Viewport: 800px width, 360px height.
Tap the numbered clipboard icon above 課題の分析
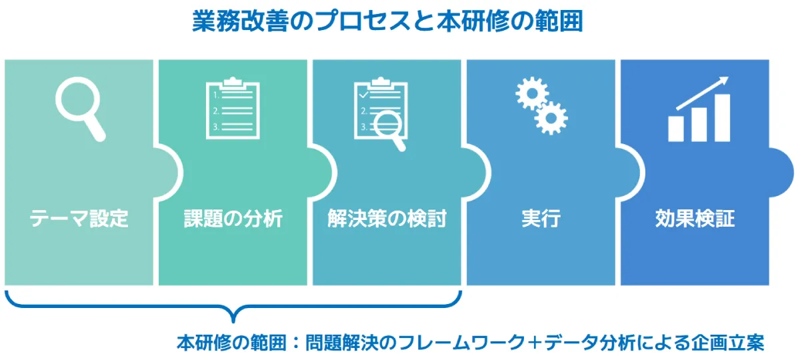point(233,108)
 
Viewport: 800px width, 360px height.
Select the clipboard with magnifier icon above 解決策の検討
point(381,113)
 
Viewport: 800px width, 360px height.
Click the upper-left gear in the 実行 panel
point(532,93)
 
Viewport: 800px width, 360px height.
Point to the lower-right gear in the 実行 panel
point(551,118)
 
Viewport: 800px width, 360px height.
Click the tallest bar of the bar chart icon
point(722,118)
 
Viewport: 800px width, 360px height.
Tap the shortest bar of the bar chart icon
point(676,129)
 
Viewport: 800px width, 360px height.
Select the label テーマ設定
point(79,218)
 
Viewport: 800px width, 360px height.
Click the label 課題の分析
point(233,218)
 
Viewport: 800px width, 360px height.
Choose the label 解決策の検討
point(387,218)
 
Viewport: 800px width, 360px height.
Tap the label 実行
point(541,218)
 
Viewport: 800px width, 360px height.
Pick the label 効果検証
point(695,218)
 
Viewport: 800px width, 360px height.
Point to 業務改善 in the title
point(241,21)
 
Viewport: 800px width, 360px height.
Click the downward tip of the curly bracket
point(233,321)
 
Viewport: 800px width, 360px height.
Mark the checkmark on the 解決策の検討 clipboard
point(363,95)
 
